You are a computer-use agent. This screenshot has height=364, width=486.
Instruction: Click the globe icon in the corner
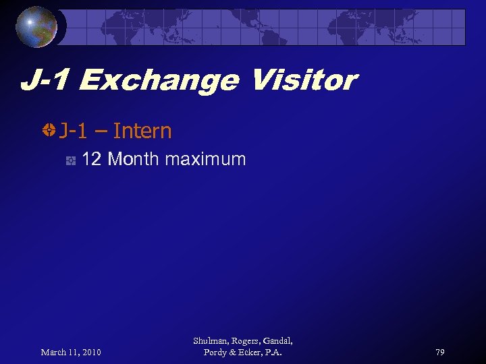click(x=36, y=27)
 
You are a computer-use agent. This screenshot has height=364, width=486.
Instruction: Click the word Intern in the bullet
click(x=142, y=131)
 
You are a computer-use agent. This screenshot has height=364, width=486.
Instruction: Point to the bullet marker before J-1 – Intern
click(x=48, y=131)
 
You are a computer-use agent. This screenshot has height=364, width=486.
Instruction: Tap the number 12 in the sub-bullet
click(x=91, y=160)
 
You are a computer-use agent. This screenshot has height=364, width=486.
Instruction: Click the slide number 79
click(x=439, y=352)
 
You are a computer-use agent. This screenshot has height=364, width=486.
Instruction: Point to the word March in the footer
click(x=55, y=352)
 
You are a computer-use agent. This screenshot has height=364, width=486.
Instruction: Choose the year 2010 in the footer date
click(x=90, y=352)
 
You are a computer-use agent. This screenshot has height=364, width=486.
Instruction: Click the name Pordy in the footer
click(x=216, y=353)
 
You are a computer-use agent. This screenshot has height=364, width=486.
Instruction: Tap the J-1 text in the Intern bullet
click(x=72, y=131)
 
